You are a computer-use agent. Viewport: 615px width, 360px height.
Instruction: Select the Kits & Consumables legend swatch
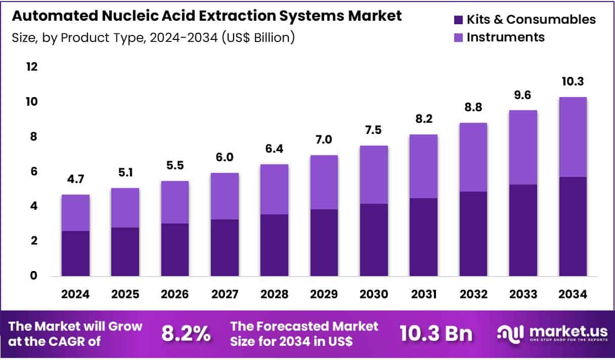[458, 20]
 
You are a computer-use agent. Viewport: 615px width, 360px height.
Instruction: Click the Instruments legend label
[505, 37]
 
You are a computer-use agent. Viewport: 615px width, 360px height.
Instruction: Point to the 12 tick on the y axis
[32, 67]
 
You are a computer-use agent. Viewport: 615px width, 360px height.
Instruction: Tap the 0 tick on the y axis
[33, 276]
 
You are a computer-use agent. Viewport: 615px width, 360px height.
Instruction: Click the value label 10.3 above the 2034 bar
[573, 82]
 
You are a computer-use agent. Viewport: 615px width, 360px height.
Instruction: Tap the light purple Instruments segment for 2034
[573, 137]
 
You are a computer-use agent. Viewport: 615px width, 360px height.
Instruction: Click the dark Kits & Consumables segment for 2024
[76, 253]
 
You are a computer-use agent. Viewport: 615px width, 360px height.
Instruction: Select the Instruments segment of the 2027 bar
[225, 196]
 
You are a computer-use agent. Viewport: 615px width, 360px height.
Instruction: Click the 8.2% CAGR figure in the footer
[186, 334]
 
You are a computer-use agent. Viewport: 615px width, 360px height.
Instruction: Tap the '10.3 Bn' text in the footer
[435, 334]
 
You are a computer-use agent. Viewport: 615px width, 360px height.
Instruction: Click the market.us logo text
[568, 332]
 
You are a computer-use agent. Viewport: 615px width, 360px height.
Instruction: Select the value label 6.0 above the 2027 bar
[225, 158]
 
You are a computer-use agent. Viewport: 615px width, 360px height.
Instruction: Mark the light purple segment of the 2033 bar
[523, 147]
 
